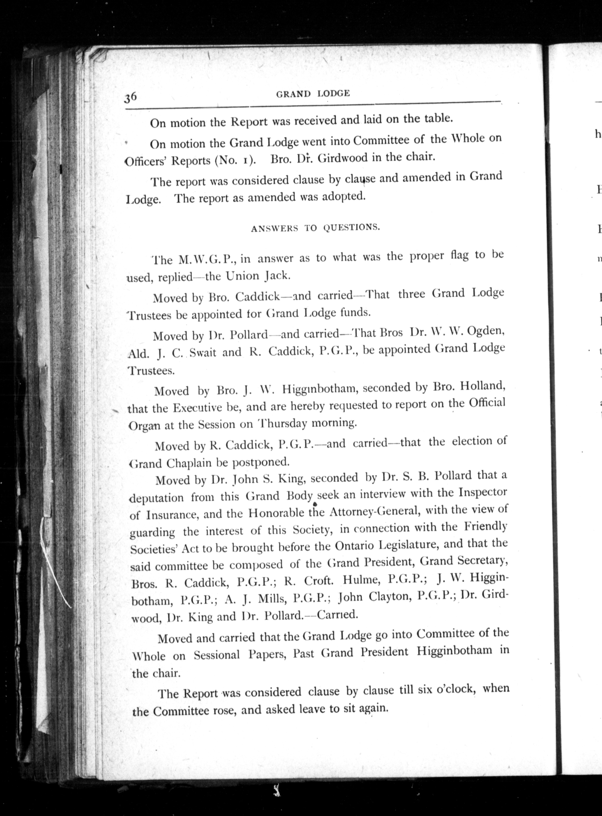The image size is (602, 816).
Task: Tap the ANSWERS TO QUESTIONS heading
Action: (x=315, y=228)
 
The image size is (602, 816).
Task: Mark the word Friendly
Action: (x=485, y=527)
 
